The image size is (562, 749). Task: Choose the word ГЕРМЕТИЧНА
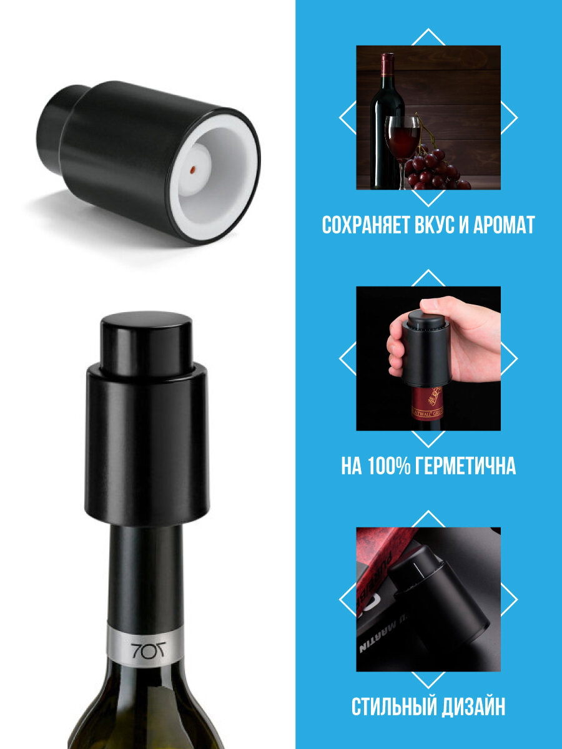(471, 466)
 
